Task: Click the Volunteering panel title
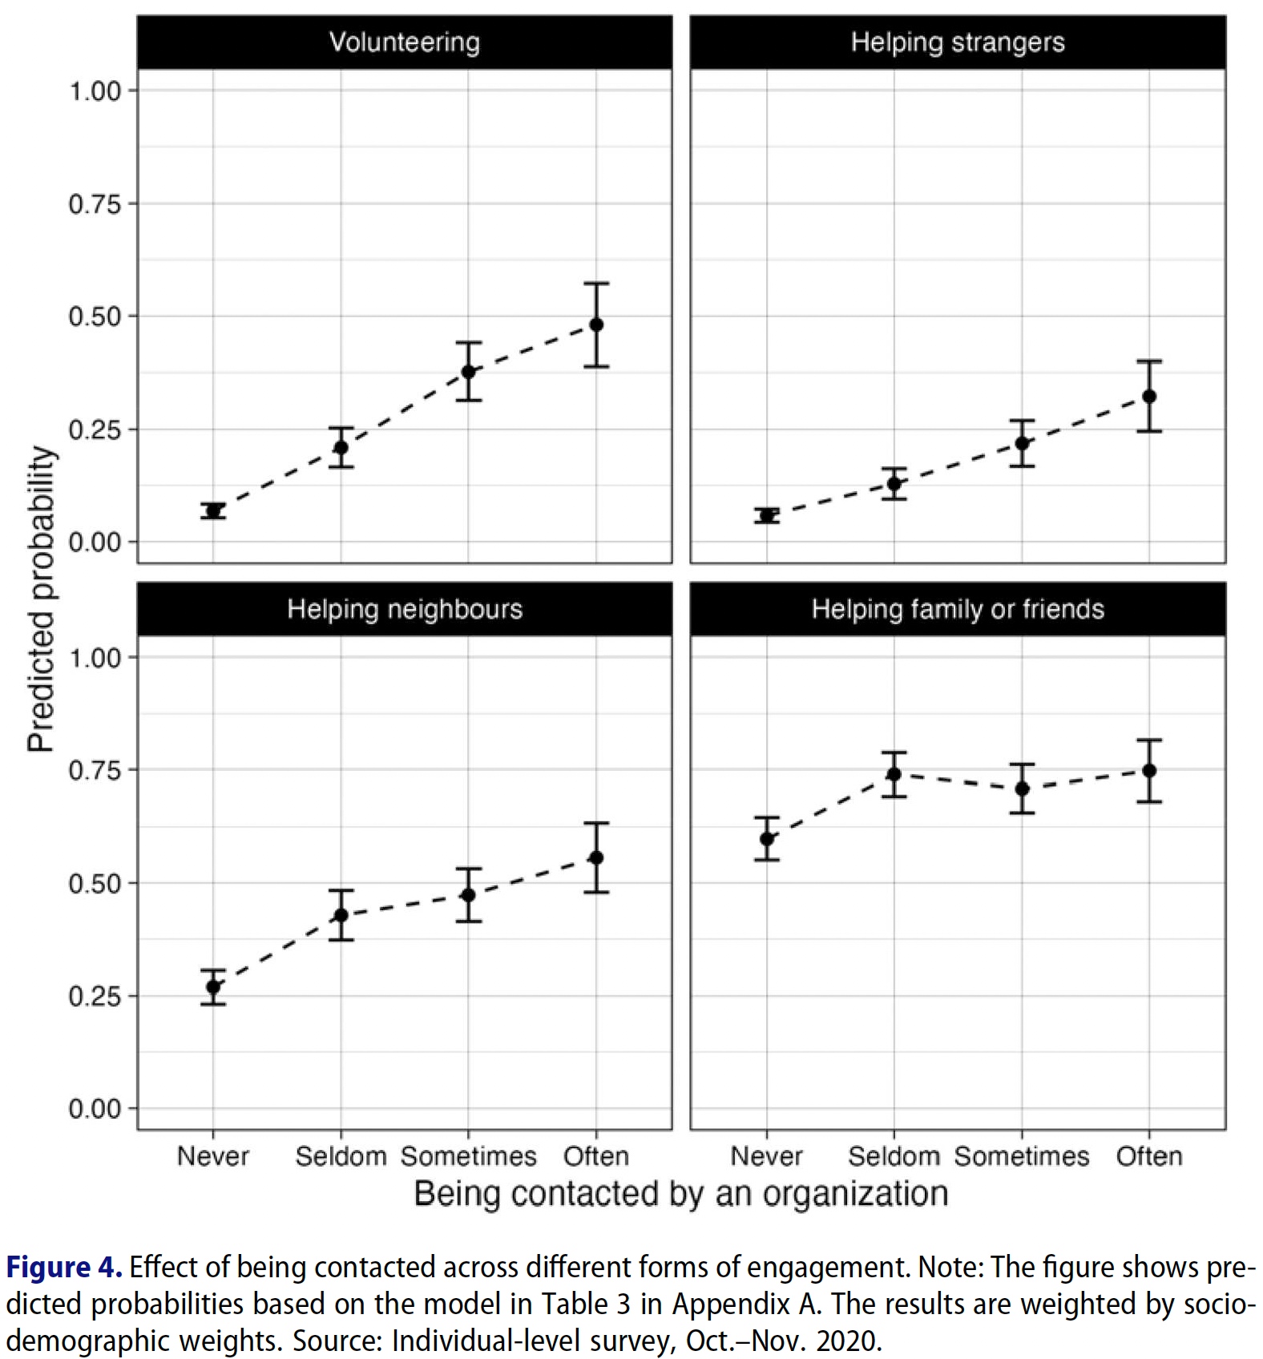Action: pyautogui.click(x=405, y=42)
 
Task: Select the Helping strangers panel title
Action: pyautogui.click(x=958, y=42)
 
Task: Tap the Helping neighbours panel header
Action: pyautogui.click(x=405, y=610)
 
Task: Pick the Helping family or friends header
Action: pyautogui.click(x=958, y=610)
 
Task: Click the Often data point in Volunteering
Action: pyautogui.click(x=596, y=325)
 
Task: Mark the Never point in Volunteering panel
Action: pyautogui.click(x=213, y=511)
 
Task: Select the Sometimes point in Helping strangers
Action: pyautogui.click(x=1022, y=443)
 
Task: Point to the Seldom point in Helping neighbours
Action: pyautogui.click(x=341, y=915)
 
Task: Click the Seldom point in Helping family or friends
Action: pyautogui.click(x=894, y=774)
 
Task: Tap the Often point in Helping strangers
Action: pyautogui.click(x=1149, y=396)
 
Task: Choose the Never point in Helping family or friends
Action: pyautogui.click(x=767, y=839)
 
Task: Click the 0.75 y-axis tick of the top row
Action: pyautogui.click(x=94, y=204)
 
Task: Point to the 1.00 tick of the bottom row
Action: pyautogui.click(x=94, y=658)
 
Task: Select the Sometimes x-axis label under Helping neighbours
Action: pyautogui.click(x=469, y=1156)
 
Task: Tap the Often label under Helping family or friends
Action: pyautogui.click(x=1149, y=1156)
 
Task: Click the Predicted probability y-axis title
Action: pyautogui.click(x=40, y=599)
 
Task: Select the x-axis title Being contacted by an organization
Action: pyautogui.click(x=681, y=1194)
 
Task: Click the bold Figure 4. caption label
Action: pyautogui.click(x=64, y=1268)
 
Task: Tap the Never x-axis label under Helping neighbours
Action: pyautogui.click(x=213, y=1156)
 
